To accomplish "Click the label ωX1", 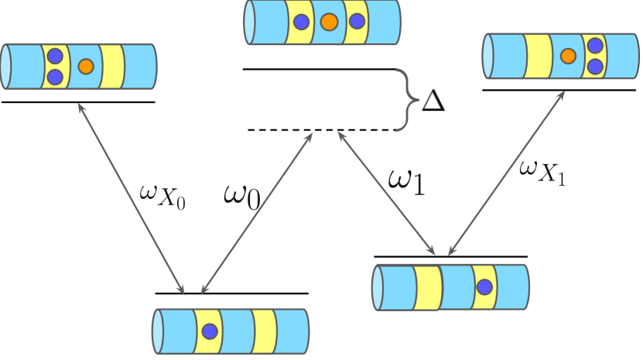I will [542, 173].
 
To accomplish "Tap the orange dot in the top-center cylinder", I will [328, 22].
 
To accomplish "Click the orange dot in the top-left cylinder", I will [86, 66].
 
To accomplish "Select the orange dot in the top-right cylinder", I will [568, 55].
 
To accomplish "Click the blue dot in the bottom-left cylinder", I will [208, 331].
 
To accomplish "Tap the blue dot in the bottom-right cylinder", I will [484, 287].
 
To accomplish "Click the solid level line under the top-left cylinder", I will [78, 102].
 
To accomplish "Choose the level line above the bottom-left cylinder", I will [231, 293].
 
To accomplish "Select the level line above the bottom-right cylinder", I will [450, 255].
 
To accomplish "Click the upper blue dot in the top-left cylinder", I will [54, 57].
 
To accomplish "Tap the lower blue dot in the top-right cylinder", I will [594, 66].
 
